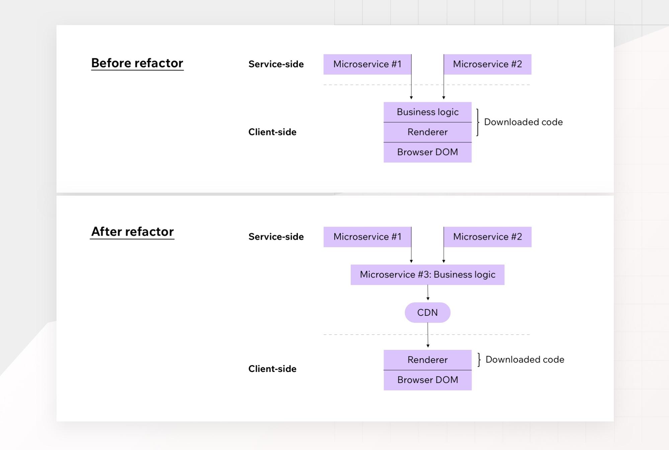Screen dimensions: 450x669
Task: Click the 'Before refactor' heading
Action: (137, 63)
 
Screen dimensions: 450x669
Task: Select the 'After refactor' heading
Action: (132, 232)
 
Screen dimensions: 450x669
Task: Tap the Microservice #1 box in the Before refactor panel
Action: (367, 64)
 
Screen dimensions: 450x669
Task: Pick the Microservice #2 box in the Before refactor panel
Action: (487, 64)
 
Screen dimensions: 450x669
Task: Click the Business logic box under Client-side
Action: (427, 112)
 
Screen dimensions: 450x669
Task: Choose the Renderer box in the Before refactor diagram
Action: (427, 132)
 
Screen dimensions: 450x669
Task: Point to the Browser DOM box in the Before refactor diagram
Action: (427, 152)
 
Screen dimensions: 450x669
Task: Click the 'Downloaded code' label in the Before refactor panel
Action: (523, 122)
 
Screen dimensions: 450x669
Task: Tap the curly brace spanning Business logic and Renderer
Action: (478, 122)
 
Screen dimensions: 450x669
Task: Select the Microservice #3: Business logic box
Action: (427, 275)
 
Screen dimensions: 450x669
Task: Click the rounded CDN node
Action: (427, 313)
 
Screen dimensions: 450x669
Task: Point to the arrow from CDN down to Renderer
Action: (428, 335)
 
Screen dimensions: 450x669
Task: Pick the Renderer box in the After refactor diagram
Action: (427, 360)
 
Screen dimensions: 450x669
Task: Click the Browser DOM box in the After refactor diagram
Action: (427, 380)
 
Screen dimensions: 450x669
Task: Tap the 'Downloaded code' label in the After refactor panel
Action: (524, 360)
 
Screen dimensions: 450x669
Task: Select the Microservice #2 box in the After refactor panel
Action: (487, 237)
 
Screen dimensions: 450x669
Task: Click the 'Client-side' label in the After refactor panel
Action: (272, 369)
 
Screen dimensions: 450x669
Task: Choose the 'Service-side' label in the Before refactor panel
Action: (276, 64)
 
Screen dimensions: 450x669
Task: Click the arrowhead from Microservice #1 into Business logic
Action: (411, 97)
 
